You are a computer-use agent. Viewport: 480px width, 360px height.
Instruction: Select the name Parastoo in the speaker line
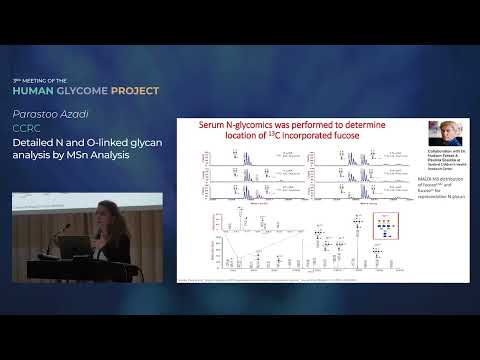pyautogui.click(x=35, y=115)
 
